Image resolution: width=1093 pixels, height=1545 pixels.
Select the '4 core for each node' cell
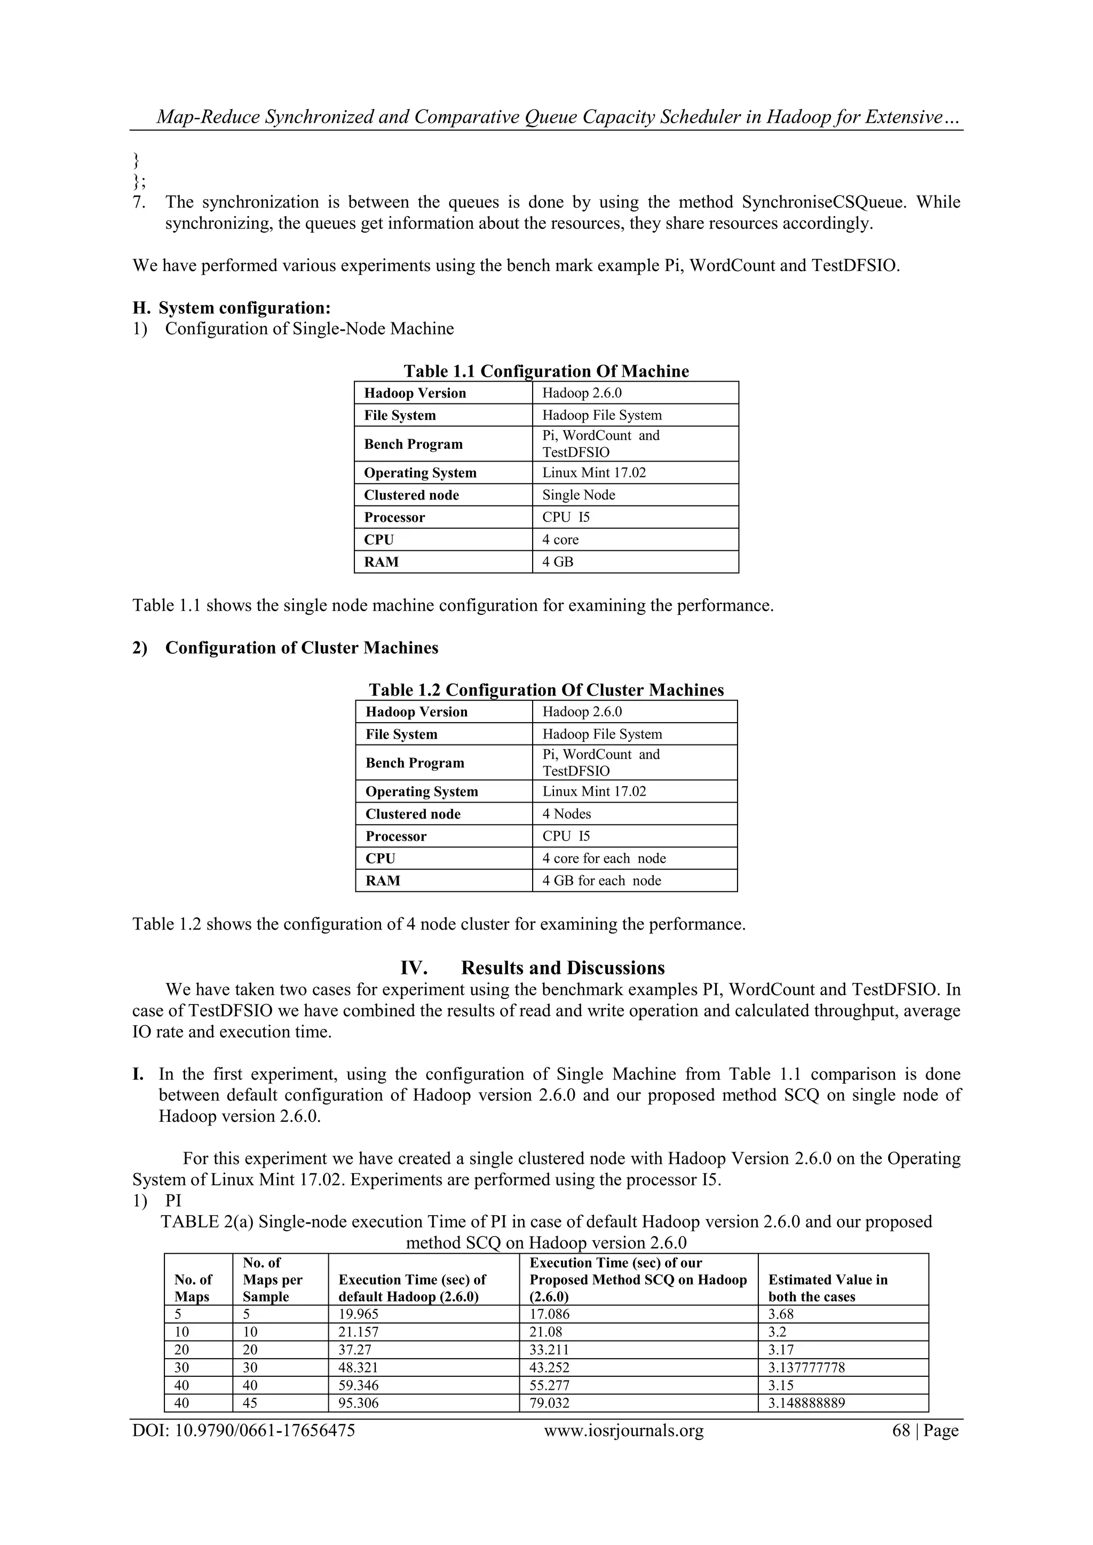pyautogui.click(x=604, y=858)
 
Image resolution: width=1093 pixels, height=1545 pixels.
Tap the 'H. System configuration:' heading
pyautogui.click(x=232, y=308)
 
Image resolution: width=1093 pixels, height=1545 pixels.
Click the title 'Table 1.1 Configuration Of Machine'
pyautogui.click(x=546, y=371)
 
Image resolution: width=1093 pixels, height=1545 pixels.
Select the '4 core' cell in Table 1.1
pyautogui.click(x=560, y=540)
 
